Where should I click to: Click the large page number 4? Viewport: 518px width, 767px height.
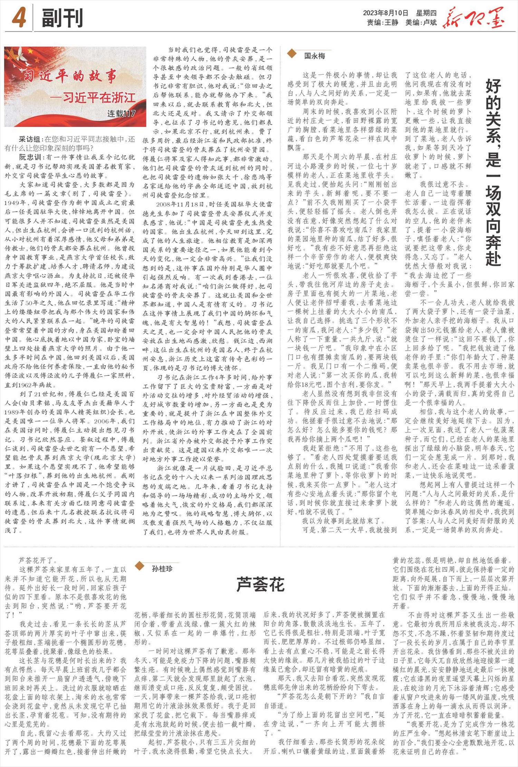(19, 18)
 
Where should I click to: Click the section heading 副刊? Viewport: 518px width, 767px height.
(62, 18)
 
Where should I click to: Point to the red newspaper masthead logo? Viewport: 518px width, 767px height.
(473, 18)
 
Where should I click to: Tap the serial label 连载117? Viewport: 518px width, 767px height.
(121, 113)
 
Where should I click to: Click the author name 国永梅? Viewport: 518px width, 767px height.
(314, 56)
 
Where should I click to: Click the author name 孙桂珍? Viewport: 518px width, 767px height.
(162, 568)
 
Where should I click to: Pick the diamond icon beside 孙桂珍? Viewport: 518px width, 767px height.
(140, 566)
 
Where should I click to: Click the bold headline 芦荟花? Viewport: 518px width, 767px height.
(260, 585)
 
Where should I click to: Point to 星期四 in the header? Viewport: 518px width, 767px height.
(426, 13)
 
